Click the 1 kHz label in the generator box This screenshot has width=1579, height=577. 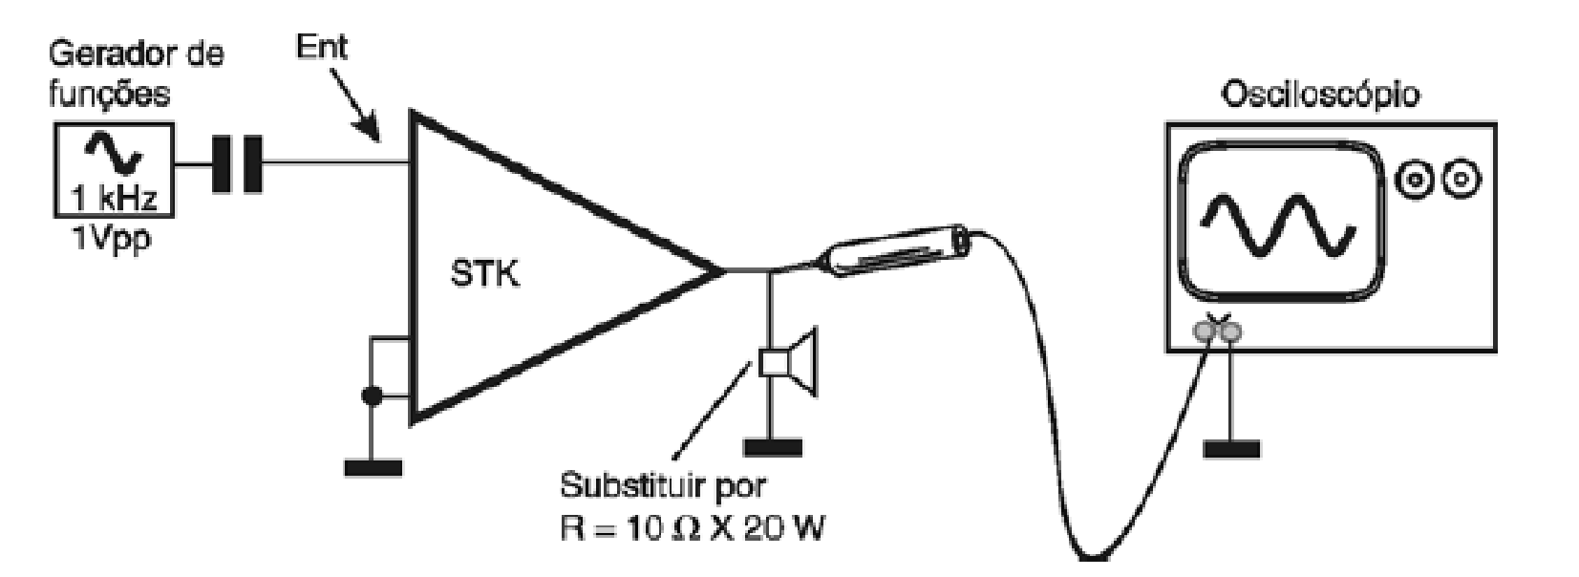tap(114, 198)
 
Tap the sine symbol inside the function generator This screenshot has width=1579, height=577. tap(113, 152)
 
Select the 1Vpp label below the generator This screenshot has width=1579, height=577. tap(111, 240)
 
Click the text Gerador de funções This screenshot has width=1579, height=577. tap(136, 74)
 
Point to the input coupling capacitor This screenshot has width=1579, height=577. tap(237, 164)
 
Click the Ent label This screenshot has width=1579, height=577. tap(322, 47)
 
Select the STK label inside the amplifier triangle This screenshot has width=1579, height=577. tap(485, 273)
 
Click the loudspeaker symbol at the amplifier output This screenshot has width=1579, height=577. tap(789, 361)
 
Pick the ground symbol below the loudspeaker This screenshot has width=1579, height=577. tap(773, 447)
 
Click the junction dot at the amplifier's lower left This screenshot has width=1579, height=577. tap(372, 396)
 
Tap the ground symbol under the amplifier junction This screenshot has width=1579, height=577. tap(373, 468)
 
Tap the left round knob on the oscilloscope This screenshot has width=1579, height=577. tap(1413, 179)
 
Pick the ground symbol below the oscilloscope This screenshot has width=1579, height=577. tap(1230, 449)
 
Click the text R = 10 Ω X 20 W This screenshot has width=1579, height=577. tap(692, 527)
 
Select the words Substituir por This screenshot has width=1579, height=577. tap(663, 486)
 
